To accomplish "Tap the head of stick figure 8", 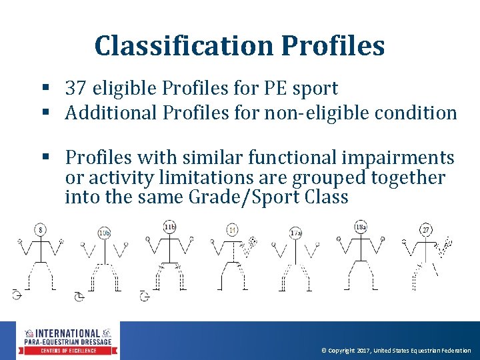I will (x=41, y=230).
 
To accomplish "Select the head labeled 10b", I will (x=104, y=233).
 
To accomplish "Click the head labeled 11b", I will (x=169, y=227).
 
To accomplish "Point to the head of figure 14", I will (x=232, y=230).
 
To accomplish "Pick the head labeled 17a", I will (x=296, y=233).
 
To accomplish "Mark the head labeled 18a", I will (x=361, y=227).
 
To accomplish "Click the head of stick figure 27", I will (x=425, y=230).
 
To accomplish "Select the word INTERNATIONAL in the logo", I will (x=67, y=333).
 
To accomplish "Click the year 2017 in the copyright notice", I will (x=364, y=351).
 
